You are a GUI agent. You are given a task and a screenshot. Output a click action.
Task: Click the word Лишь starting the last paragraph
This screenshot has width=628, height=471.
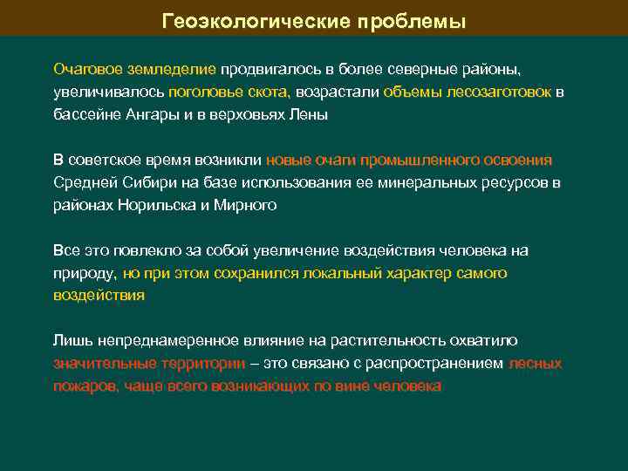point(69,341)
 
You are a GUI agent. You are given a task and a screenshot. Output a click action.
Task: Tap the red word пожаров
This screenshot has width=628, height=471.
point(86,386)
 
